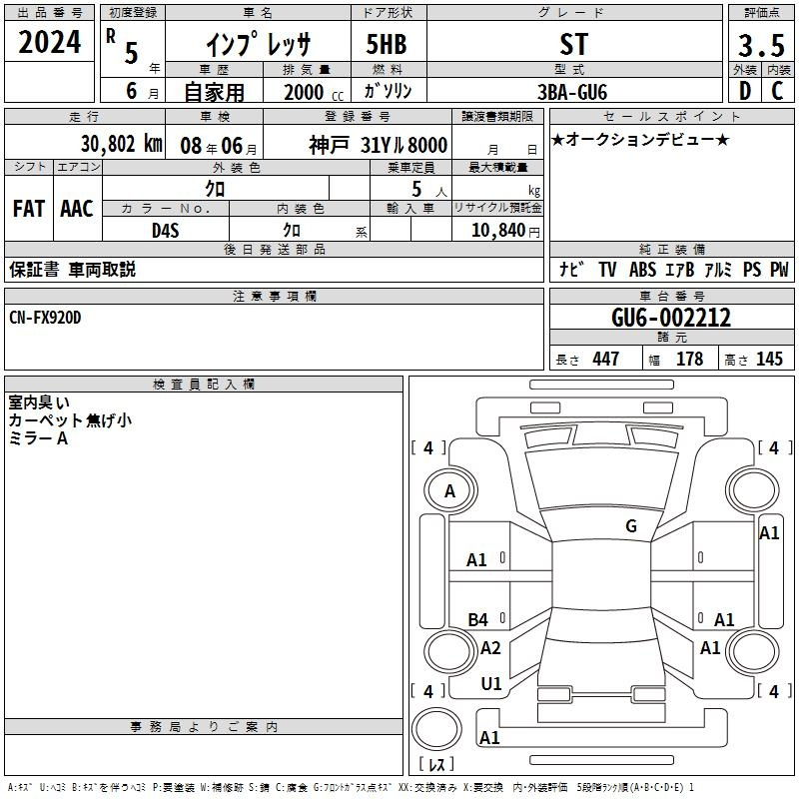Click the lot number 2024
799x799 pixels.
point(49,42)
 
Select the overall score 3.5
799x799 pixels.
point(761,45)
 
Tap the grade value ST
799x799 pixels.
point(573,44)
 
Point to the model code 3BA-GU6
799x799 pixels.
point(572,92)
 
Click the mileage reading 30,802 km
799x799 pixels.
point(121,144)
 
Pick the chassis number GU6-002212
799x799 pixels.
point(671,318)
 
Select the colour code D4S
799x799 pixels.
point(166,231)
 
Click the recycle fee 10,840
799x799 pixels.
point(498,230)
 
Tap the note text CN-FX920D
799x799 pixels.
point(45,318)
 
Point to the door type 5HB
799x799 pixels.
point(387,44)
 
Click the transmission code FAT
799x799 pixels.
point(29,209)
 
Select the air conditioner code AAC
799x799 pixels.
point(77,209)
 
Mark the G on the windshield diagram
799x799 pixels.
point(631,525)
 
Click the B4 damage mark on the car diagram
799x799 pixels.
point(478,619)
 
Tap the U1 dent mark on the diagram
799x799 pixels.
point(491,684)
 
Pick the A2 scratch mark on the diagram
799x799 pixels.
point(490,647)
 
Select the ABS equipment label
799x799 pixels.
point(642,269)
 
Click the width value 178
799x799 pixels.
point(689,359)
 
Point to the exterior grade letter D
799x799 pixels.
point(745,91)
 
